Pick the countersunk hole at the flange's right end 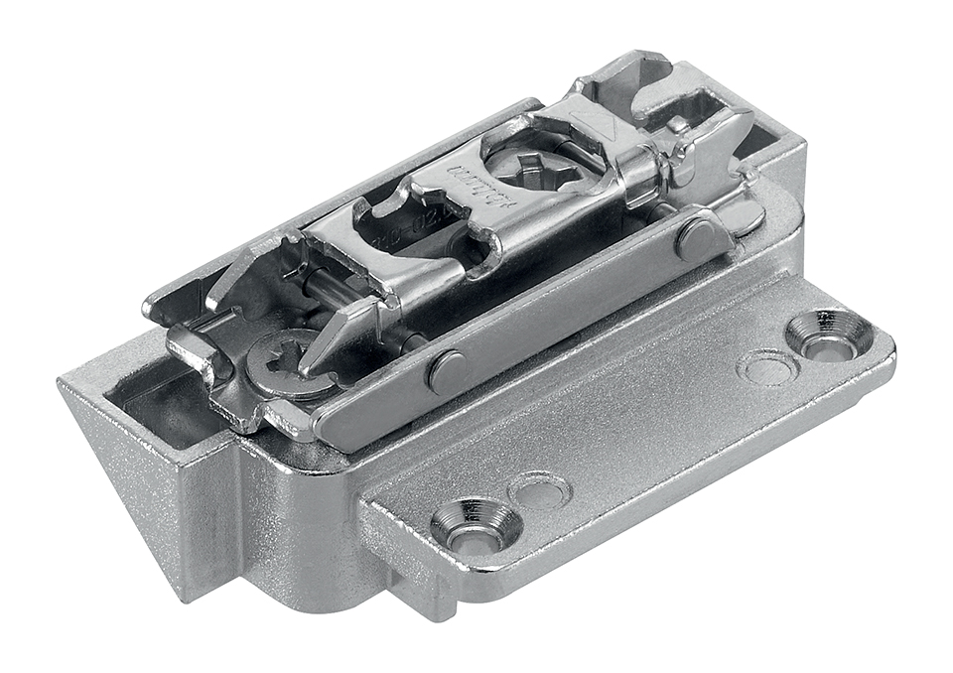pos(827,339)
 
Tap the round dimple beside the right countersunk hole pos(768,367)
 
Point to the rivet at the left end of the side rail pos(448,370)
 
